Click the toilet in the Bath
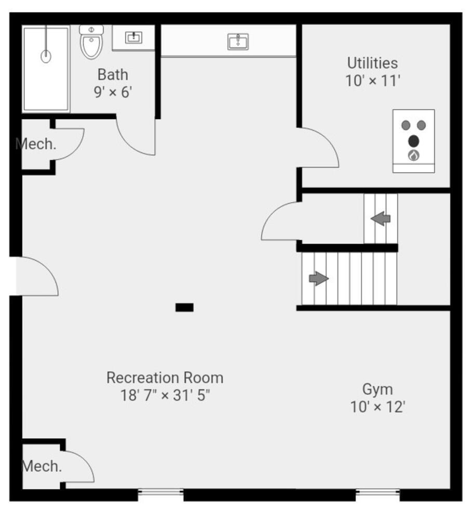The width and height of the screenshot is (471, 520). pyautogui.click(x=91, y=42)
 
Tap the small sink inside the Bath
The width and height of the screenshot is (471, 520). pyautogui.click(x=134, y=37)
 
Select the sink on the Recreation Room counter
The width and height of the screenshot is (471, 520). pyautogui.click(x=238, y=41)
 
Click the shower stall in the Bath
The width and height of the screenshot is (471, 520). pyautogui.click(x=46, y=69)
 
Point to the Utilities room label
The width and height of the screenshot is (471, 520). pyautogui.click(x=372, y=63)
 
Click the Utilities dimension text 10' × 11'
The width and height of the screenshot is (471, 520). pyautogui.click(x=372, y=81)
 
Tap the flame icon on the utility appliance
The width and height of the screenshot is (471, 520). pyautogui.click(x=413, y=155)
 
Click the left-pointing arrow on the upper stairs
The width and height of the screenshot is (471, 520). pyautogui.click(x=381, y=218)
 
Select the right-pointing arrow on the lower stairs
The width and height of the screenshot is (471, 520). pyautogui.click(x=319, y=279)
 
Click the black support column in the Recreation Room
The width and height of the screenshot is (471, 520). pyautogui.click(x=184, y=307)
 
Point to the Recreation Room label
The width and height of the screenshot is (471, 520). pyautogui.click(x=165, y=378)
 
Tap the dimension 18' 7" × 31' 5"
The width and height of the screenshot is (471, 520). pyautogui.click(x=165, y=395)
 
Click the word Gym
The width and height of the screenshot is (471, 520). pyautogui.click(x=377, y=389)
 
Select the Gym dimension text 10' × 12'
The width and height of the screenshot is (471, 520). pyautogui.click(x=377, y=407)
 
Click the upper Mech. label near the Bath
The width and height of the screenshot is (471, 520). pyautogui.click(x=36, y=144)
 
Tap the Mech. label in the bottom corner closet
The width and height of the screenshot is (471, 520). pyautogui.click(x=42, y=466)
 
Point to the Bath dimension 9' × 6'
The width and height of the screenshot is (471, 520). pyautogui.click(x=113, y=93)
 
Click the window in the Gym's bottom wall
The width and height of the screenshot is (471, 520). pyautogui.click(x=378, y=492)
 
